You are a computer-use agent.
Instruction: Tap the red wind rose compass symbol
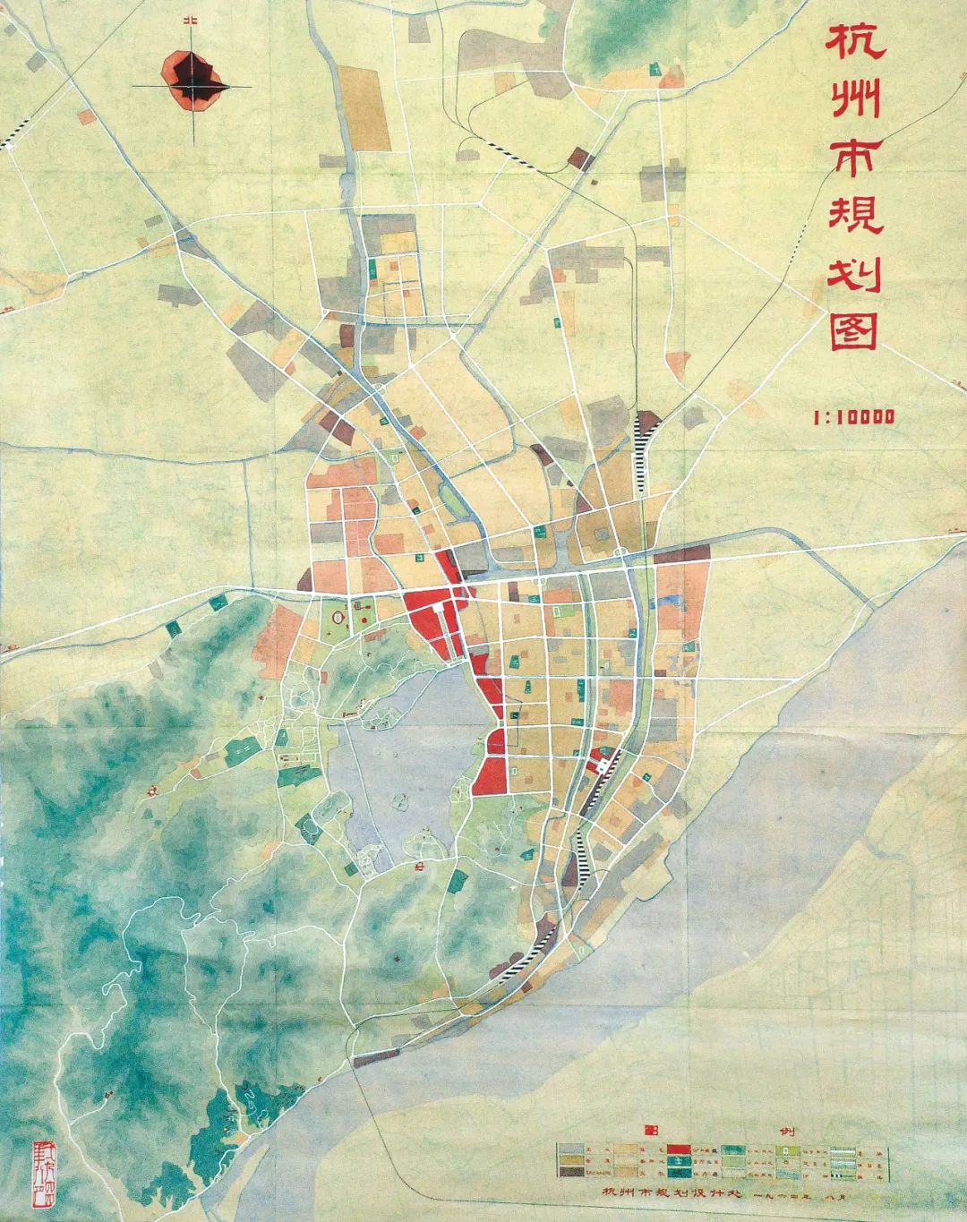193,81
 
